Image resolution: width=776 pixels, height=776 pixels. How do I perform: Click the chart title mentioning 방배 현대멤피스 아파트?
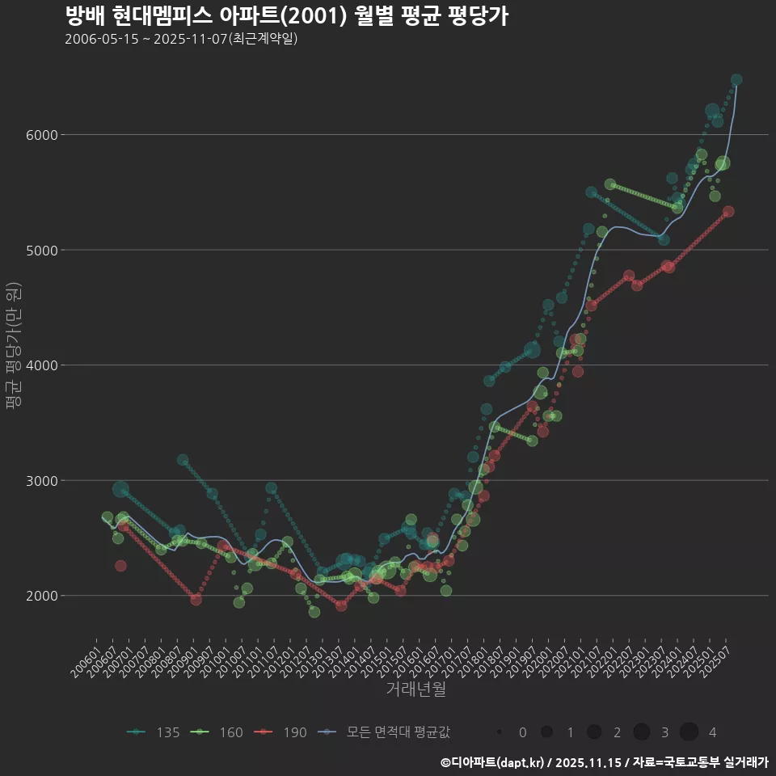click(x=286, y=16)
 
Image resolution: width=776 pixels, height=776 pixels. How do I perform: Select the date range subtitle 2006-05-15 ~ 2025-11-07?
click(x=181, y=39)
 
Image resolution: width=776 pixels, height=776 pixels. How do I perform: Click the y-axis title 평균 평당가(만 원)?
click(x=12, y=348)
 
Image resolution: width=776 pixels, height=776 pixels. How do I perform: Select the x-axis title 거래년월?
click(x=415, y=689)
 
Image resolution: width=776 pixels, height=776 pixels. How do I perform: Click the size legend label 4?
click(x=712, y=732)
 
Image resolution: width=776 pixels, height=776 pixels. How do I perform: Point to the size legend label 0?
click(x=522, y=732)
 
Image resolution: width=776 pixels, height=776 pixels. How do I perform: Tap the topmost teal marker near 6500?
click(x=736, y=80)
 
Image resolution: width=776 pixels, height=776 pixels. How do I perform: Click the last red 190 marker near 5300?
click(x=728, y=212)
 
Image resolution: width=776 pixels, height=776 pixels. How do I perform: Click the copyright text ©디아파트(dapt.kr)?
click(x=493, y=761)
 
